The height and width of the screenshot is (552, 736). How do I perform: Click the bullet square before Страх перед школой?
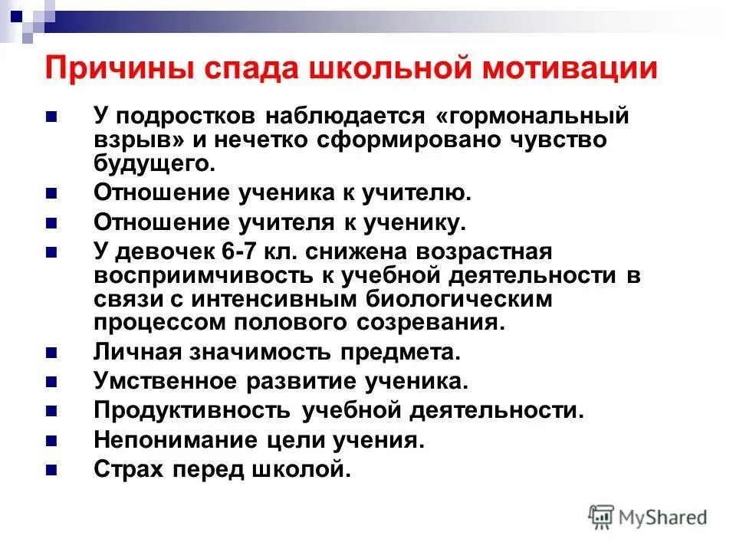tap(51, 469)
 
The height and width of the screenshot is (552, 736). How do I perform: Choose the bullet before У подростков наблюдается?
tap(51, 118)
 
